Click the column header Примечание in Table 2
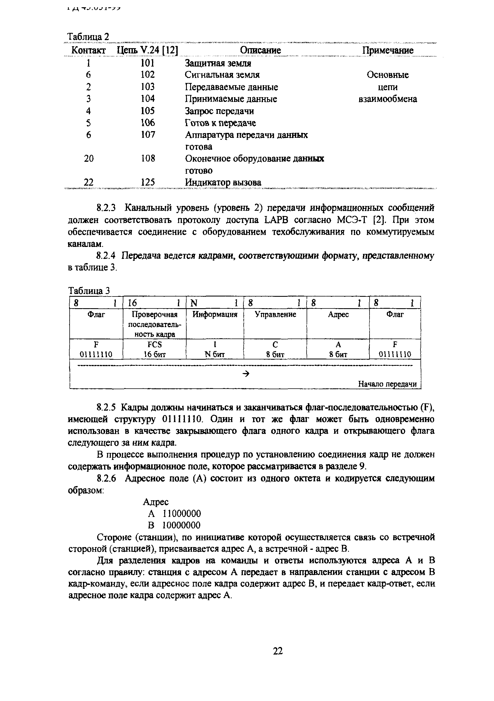click(387, 50)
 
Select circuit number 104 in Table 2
click(148, 99)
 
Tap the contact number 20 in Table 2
click(89, 158)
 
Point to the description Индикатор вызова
click(223, 183)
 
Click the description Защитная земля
click(218, 63)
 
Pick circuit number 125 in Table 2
click(148, 183)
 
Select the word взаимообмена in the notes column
click(387, 99)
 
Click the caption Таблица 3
click(89, 290)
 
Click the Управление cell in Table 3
click(275, 315)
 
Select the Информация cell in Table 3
click(215, 315)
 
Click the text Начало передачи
click(387, 384)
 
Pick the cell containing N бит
click(215, 354)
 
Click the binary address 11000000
click(181, 514)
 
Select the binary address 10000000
click(181, 525)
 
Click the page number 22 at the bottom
click(278, 651)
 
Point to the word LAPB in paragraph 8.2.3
click(275, 220)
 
